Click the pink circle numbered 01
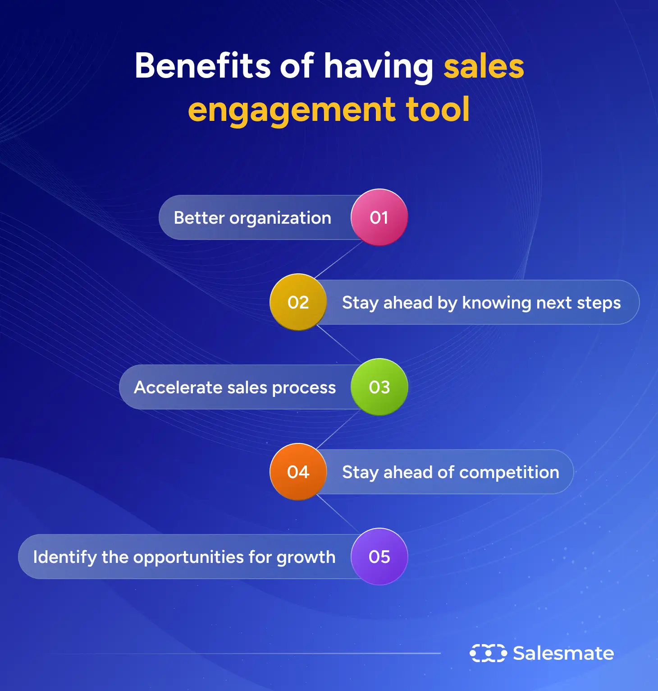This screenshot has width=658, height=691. pos(379,217)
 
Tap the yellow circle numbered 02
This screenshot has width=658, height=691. pos(298,302)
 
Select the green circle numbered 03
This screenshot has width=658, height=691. pos(379,387)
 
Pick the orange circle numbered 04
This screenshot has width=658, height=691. pos(298,472)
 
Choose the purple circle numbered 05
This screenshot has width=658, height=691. pos(379,557)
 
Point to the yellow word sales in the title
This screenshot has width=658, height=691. pos(484,67)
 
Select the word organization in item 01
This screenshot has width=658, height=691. pos(280,218)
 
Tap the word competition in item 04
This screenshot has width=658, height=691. pos(509,473)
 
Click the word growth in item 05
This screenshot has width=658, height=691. pos(306,557)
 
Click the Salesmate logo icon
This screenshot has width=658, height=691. pos(488,653)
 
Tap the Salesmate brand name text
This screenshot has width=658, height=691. pos(563,653)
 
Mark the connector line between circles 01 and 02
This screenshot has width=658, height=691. pos(338,260)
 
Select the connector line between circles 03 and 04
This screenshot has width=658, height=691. pos(338,429)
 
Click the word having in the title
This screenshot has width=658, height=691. pos(379,67)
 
